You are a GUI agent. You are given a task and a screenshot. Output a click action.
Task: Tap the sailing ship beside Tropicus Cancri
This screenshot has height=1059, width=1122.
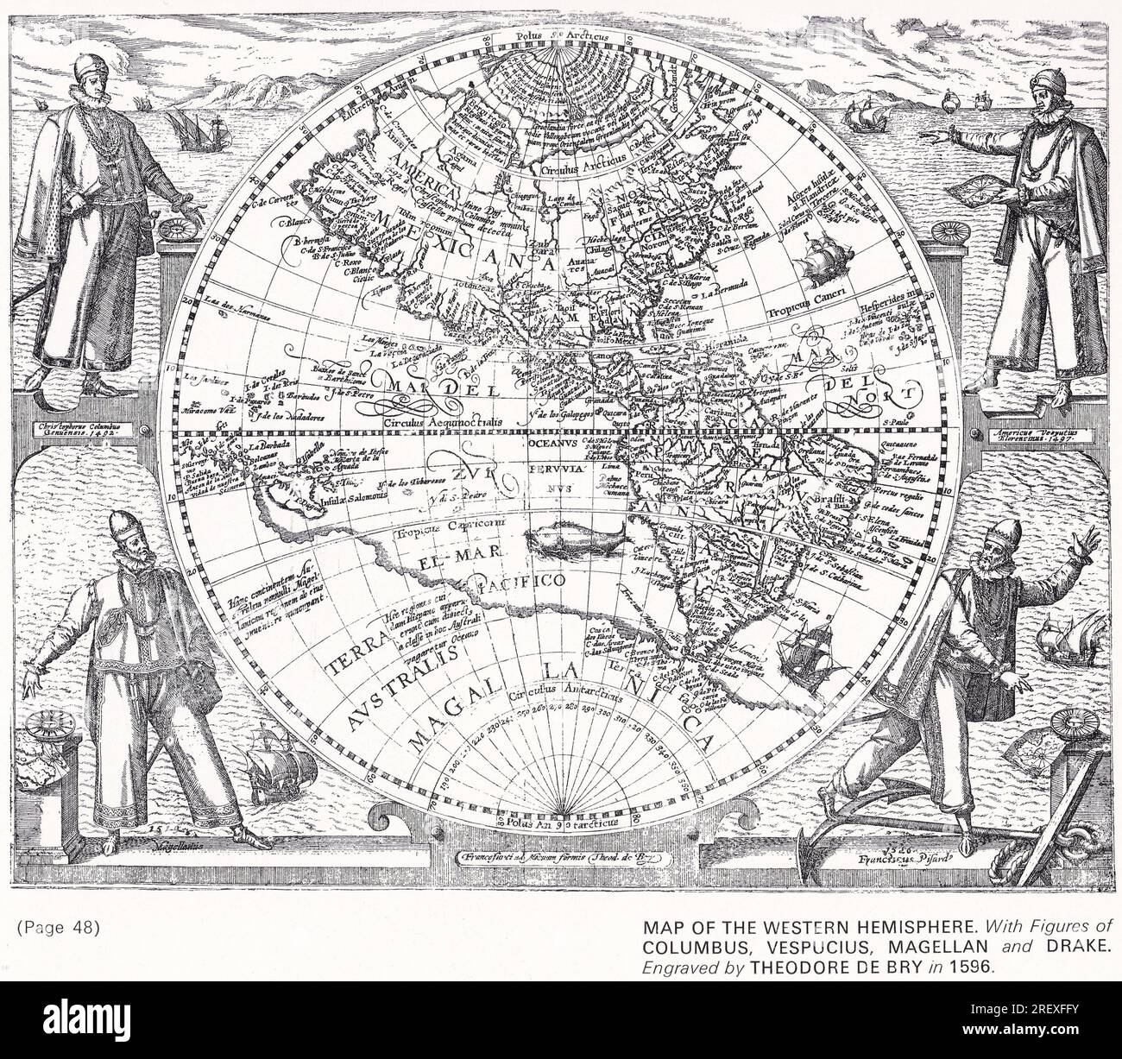pyautogui.click(x=818, y=258)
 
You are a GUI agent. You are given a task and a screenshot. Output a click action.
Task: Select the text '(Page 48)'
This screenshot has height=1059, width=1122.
pyautogui.click(x=58, y=928)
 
